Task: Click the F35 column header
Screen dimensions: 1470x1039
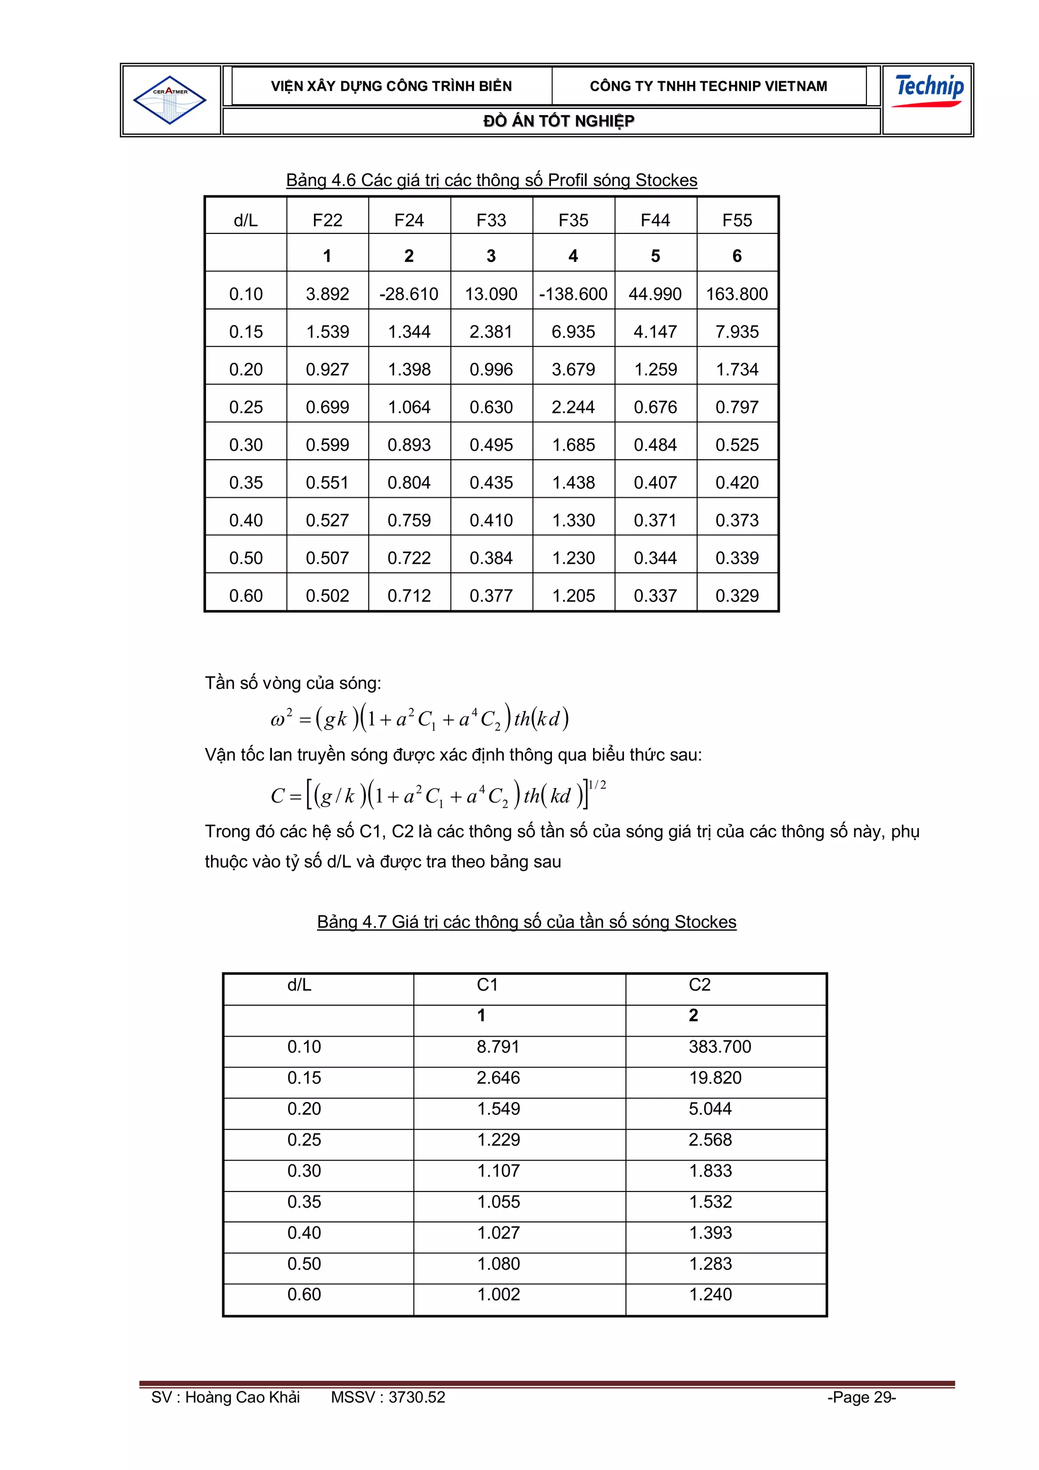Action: coord(573,220)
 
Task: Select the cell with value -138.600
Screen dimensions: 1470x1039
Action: coord(573,294)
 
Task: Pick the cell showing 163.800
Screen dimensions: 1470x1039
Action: coord(737,294)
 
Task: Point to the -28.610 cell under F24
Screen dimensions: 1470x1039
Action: coord(409,294)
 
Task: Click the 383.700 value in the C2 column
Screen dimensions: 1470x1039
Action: coord(719,1046)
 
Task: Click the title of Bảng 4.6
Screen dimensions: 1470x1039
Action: coord(491,180)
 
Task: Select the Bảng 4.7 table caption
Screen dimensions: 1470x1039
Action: coord(526,921)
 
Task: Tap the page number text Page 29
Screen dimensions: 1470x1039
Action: coord(861,1397)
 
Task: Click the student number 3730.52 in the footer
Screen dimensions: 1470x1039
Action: coord(416,1397)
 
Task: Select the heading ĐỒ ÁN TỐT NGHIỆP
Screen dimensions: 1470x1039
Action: coord(558,121)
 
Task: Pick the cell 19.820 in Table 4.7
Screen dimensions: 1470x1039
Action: coord(714,1078)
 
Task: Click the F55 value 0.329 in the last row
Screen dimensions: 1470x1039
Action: coord(737,595)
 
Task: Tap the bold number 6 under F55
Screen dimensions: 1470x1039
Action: coord(737,256)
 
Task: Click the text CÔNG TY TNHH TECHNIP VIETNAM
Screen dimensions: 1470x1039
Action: coord(708,86)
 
